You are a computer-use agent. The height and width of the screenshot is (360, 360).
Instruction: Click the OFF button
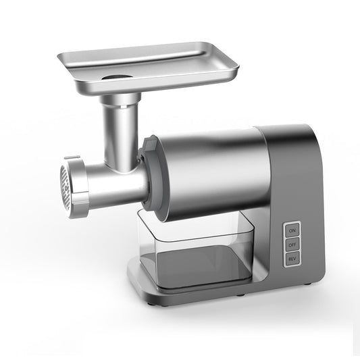pos(292,245)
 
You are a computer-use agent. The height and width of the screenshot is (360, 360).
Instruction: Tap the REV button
pos(292,259)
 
